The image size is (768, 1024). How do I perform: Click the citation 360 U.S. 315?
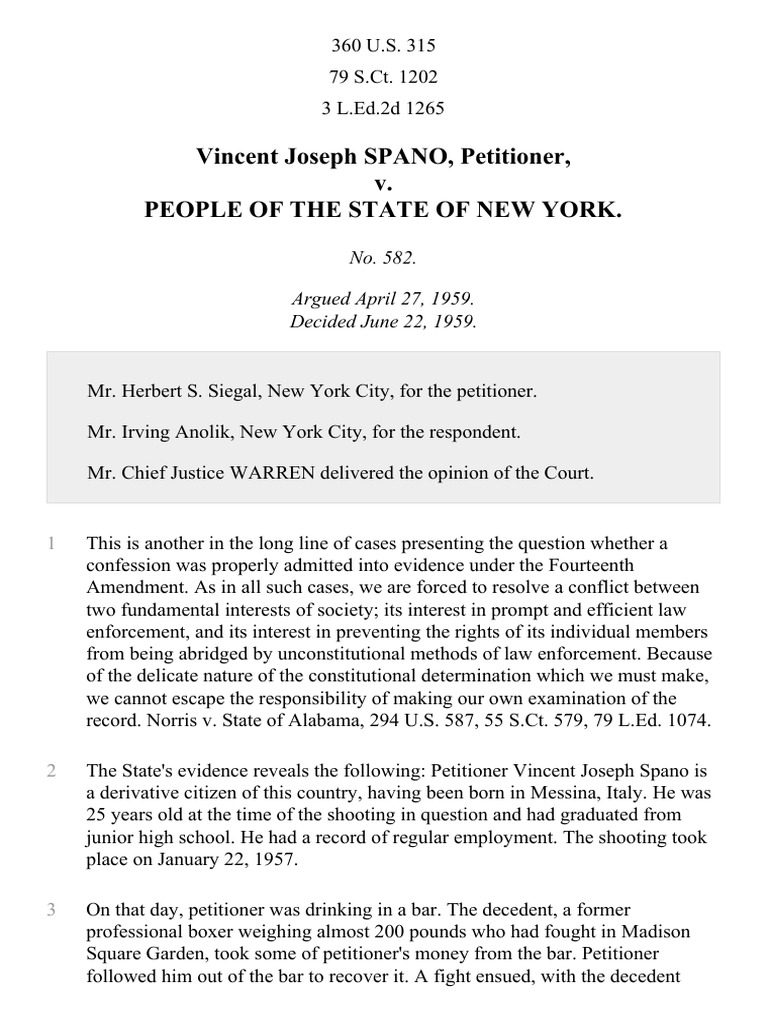pyautogui.click(x=383, y=46)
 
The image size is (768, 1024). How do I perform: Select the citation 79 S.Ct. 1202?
pyautogui.click(x=383, y=77)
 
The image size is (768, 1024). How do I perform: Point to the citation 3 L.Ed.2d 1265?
pyautogui.click(x=383, y=108)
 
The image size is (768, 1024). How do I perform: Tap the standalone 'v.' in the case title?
pyautogui.click(x=383, y=184)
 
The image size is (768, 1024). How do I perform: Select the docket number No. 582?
pyautogui.click(x=383, y=257)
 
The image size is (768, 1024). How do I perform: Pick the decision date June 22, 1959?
pyautogui.click(x=412, y=321)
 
